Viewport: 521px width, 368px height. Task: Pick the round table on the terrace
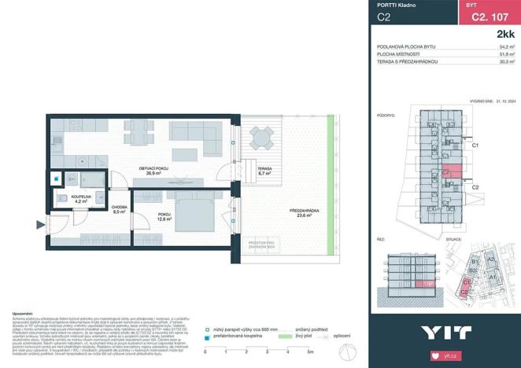tap(259, 141)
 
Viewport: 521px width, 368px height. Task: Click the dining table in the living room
tap(139, 129)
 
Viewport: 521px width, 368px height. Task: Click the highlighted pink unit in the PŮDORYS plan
tap(446, 173)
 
